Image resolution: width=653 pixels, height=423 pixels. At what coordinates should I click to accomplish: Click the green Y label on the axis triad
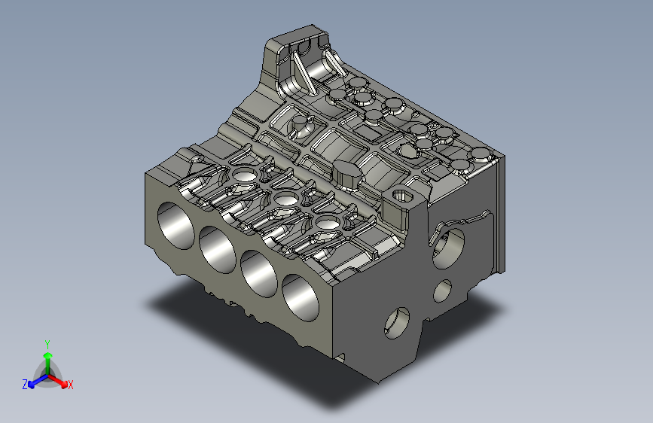(x=47, y=345)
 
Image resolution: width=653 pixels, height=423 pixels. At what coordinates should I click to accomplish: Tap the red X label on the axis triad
(x=70, y=385)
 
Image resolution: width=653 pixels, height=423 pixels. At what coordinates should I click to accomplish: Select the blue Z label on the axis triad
(x=25, y=385)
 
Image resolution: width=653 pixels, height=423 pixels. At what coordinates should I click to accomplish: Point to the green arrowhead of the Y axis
(x=48, y=356)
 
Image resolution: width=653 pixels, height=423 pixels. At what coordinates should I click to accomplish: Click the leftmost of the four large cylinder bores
(x=175, y=226)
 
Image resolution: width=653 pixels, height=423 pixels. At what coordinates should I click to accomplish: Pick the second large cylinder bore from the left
(x=218, y=250)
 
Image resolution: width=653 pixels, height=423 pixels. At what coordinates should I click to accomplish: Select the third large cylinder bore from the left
(x=258, y=273)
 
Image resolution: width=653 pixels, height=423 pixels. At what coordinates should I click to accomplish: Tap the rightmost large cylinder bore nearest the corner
(x=301, y=297)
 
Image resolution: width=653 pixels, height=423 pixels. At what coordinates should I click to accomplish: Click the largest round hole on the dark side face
(x=449, y=248)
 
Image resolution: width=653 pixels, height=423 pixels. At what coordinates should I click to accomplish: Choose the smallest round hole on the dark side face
(x=442, y=291)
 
